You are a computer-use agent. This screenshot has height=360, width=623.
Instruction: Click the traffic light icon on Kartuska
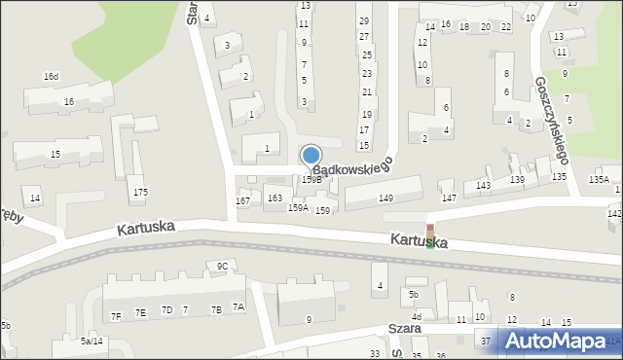(429, 236)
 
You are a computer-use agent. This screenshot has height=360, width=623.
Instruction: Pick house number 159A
(298, 207)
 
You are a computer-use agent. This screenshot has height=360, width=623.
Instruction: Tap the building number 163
(275, 198)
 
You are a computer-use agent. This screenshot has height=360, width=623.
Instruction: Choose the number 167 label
(243, 200)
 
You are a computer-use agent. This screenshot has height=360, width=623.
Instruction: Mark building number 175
(140, 192)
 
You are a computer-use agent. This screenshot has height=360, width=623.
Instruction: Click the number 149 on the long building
(385, 198)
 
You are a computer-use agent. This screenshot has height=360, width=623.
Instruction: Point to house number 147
(449, 198)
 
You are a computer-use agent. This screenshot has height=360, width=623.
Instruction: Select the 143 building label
(484, 185)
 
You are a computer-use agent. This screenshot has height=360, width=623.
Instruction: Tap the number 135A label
(599, 179)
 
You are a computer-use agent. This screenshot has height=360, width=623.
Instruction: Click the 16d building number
(51, 76)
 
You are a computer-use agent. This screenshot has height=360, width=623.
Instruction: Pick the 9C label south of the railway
(222, 266)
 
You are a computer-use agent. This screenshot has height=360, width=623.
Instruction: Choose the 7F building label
(115, 315)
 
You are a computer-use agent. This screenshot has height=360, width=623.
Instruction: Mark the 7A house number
(238, 307)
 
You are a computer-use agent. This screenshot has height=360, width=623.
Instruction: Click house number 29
(364, 20)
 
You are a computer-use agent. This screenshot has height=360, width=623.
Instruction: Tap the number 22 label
(505, 26)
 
